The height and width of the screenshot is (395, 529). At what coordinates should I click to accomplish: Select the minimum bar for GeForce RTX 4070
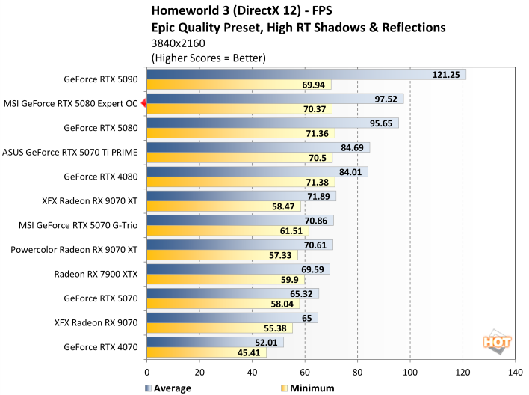tap(206, 352)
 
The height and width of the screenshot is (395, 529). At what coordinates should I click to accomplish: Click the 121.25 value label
tap(447, 74)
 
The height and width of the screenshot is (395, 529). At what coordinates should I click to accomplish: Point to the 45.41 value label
tap(249, 352)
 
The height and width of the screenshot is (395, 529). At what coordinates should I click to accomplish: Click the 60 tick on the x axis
tap(305, 371)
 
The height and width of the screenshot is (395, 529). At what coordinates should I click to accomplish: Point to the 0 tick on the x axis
tap(147, 371)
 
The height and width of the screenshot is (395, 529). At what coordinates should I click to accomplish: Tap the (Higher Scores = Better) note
tap(208, 57)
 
